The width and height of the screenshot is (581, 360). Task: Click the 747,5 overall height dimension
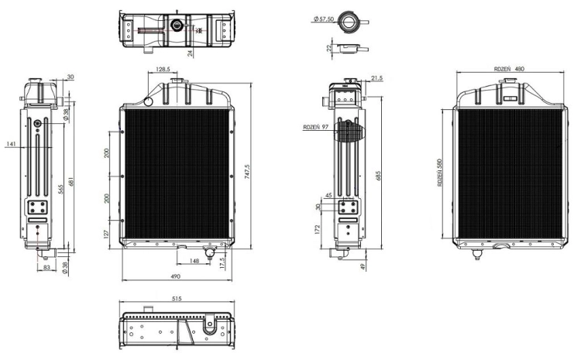(x=247, y=172)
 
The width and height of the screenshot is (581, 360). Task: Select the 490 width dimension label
(x=175, y=276)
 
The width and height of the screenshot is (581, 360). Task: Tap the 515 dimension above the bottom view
(x=177, y=299)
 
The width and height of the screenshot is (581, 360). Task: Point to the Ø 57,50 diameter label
(x=324, y=19)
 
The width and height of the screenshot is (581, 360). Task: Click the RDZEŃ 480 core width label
(x=509, y=69)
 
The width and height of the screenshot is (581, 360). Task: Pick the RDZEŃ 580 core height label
(x=439, y=172)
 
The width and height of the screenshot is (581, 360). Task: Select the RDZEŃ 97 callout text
(x=316, y=127)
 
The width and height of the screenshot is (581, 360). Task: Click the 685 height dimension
(x=378, y=176)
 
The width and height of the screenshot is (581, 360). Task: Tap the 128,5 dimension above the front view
(x=163, y=69)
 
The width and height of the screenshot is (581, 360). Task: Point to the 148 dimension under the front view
(x=194, y=261)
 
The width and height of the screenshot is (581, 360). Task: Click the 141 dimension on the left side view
(x=12, y=144)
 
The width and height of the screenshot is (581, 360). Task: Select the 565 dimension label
(x=60, y=189)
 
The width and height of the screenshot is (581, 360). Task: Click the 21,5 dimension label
(x=376, y=78)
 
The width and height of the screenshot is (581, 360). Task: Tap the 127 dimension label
(x=107, y=234)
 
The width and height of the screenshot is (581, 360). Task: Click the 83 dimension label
(x=46, y=266)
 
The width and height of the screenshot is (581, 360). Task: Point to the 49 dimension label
(x=363, y=266)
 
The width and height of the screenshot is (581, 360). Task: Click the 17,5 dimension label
(x=222, y=263)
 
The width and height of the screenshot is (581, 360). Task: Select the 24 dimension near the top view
(x=190, y=53)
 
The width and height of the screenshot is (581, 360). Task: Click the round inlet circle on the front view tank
(x=148, y=101)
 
